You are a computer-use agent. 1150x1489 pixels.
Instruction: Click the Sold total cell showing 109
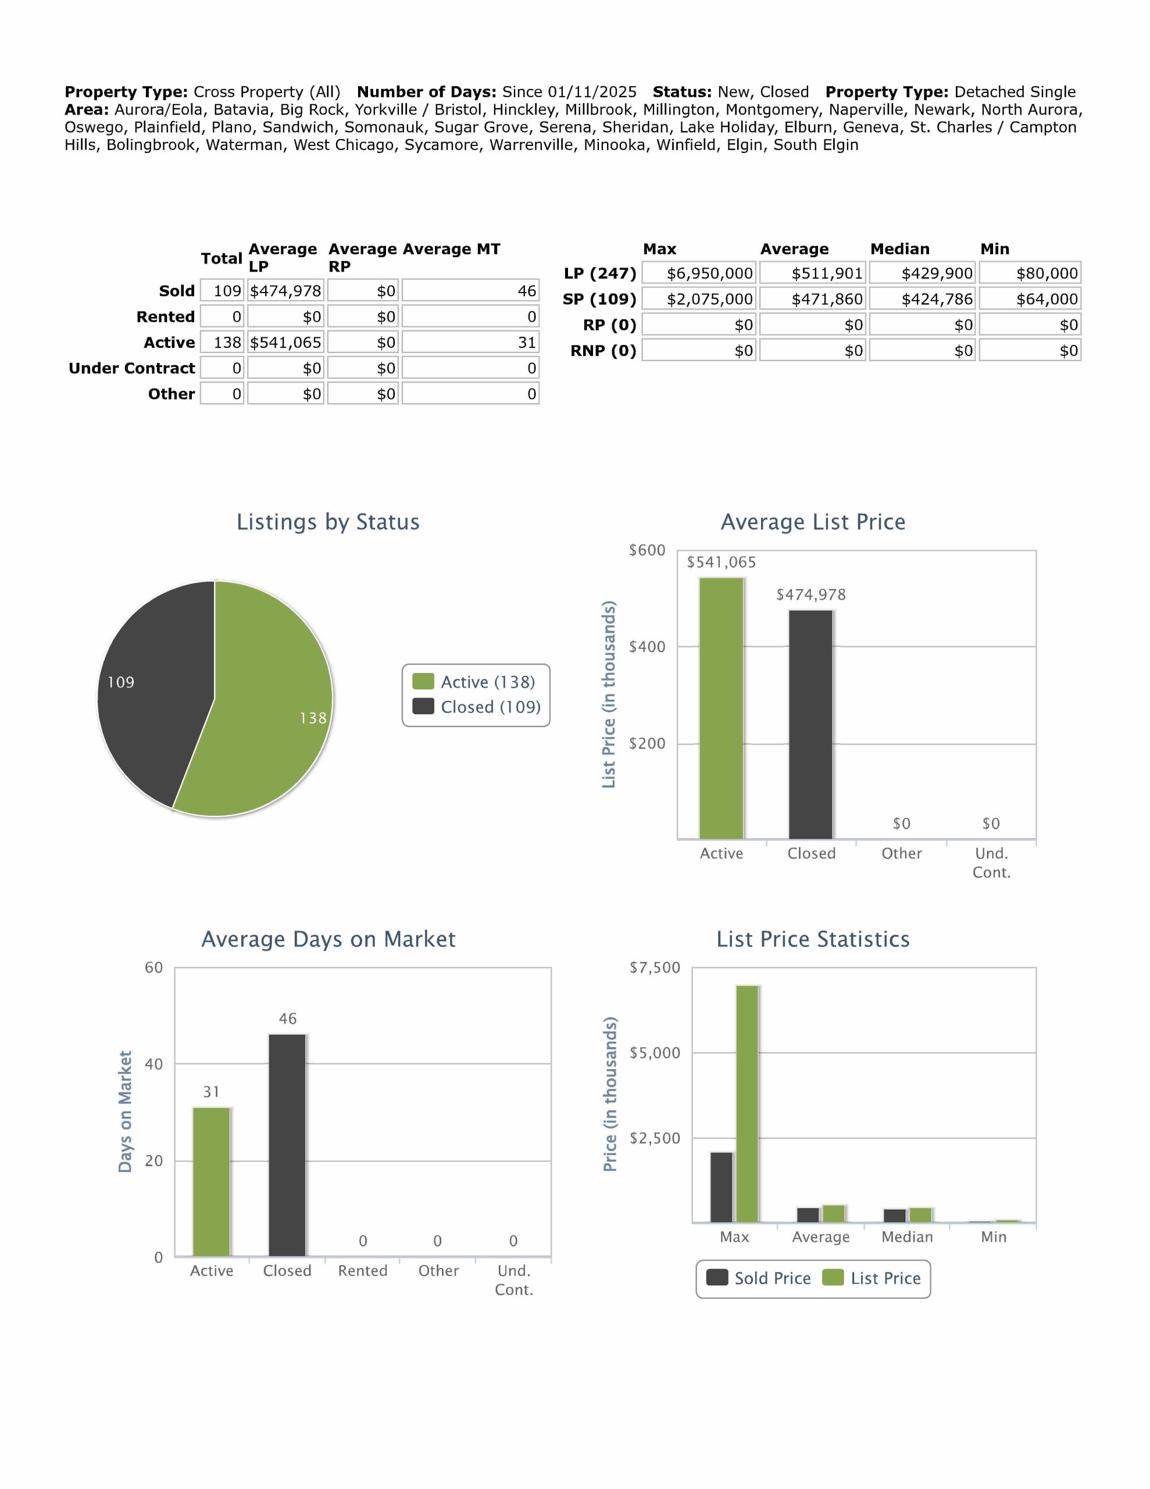222,291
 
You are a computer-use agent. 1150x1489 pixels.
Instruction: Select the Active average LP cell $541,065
285,342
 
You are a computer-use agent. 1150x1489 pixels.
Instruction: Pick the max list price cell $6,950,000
699,273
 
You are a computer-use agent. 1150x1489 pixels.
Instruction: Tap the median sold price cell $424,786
922,300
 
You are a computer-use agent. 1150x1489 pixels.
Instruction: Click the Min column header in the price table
995,249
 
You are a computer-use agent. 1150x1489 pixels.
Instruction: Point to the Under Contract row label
131,368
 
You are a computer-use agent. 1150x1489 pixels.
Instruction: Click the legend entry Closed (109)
477,707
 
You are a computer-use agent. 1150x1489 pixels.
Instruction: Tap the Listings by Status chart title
328,522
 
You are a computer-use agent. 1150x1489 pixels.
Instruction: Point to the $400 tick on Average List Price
647,647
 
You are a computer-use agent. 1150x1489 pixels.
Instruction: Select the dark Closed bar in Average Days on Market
287,1145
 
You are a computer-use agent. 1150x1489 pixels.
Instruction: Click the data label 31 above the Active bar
211,1092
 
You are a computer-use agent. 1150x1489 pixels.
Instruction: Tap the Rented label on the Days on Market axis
363,1271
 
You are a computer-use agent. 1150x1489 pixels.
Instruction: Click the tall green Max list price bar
747,1105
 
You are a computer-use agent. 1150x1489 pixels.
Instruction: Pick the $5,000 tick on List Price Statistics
655,1053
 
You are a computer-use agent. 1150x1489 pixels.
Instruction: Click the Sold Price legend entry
758,1278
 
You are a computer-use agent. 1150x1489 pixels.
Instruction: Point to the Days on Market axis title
125,1112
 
